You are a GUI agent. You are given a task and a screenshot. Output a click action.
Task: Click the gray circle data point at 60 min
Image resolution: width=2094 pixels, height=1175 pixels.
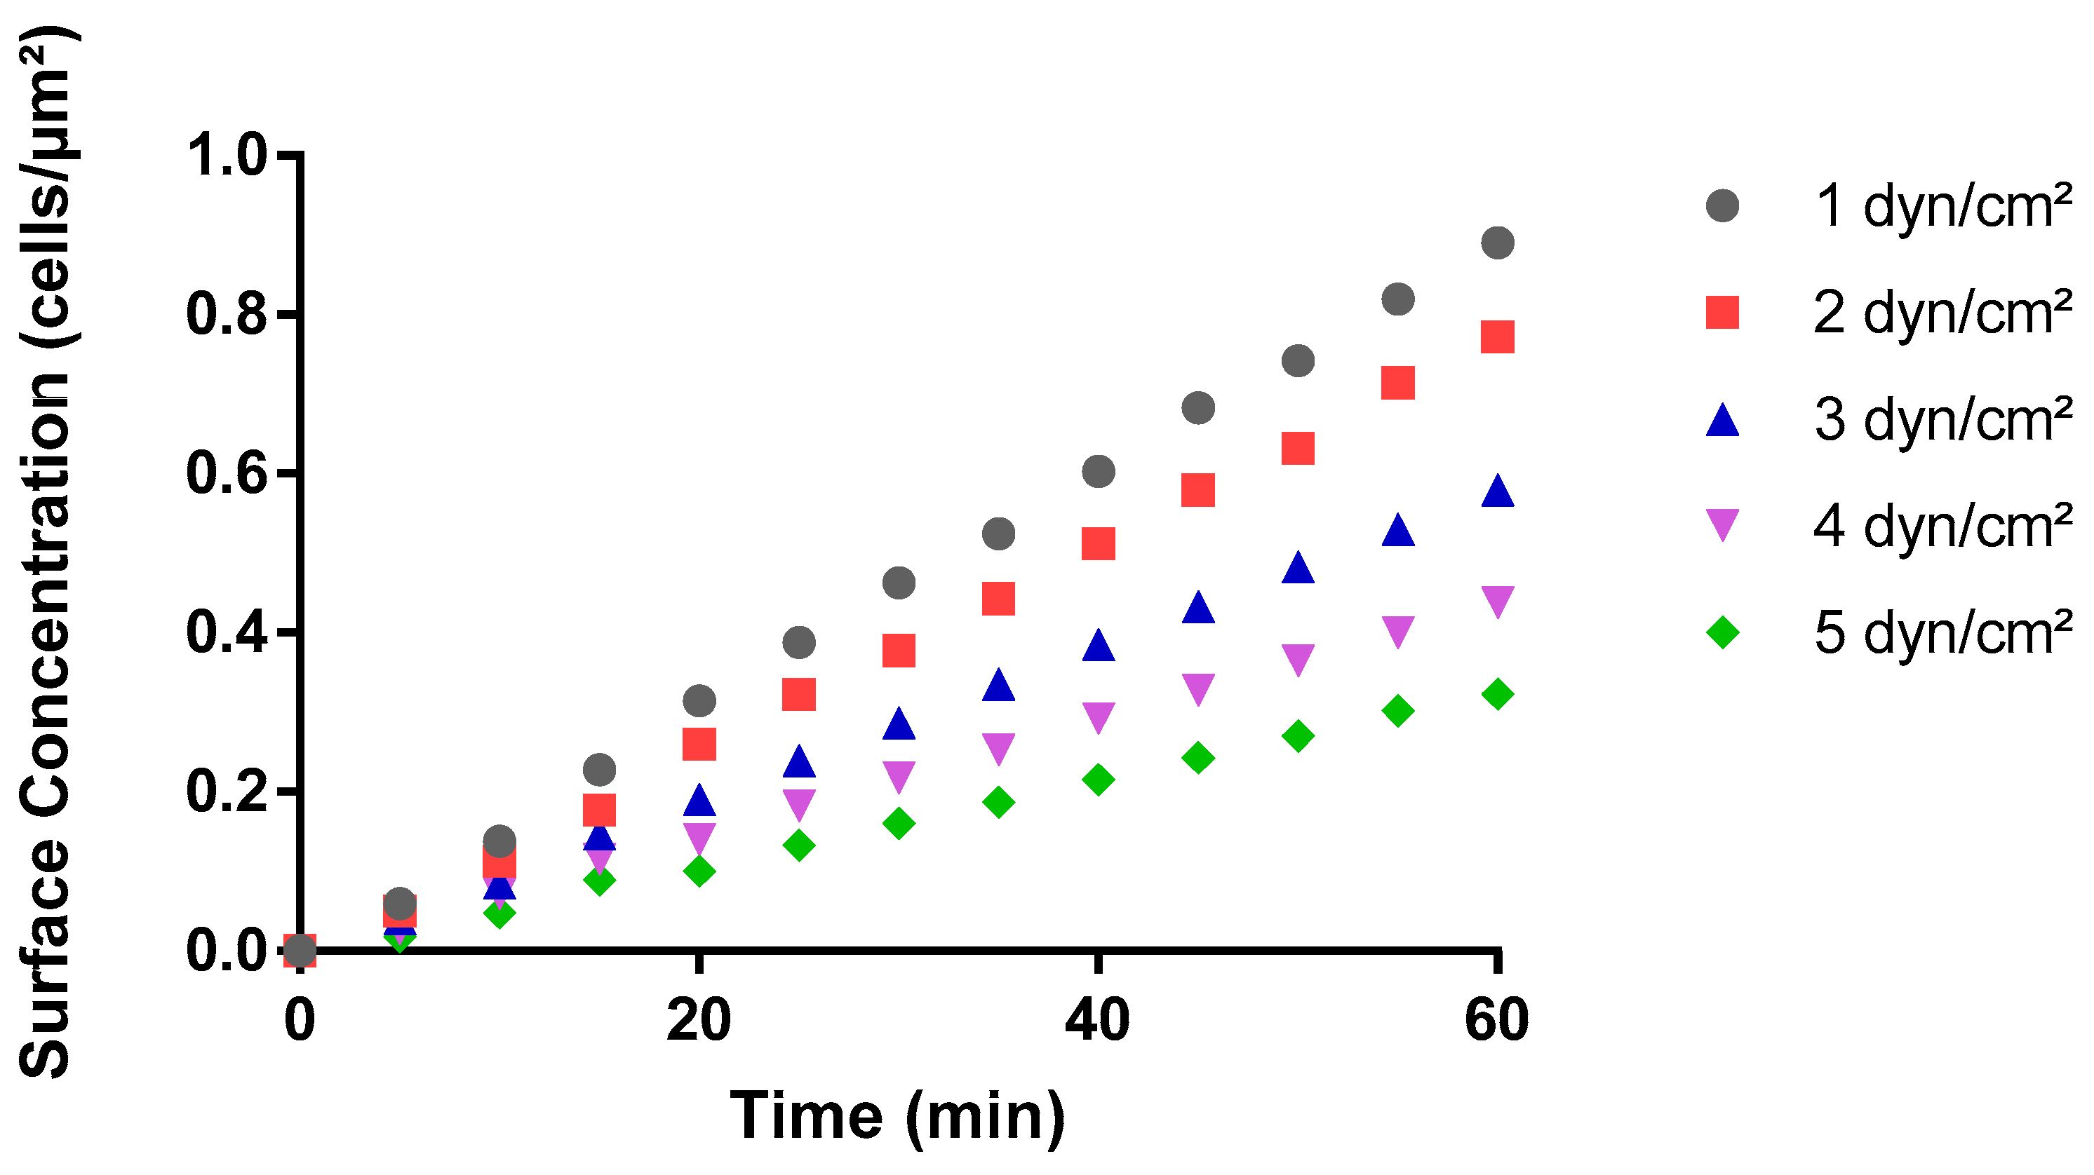pos(1497,242)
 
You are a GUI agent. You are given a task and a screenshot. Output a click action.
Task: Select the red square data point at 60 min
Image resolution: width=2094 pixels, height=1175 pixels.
pos(1497,337)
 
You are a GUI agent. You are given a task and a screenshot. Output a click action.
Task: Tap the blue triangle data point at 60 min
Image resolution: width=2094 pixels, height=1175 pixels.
pos(1497,492)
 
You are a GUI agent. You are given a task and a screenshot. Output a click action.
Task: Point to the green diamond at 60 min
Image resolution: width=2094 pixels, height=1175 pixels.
pos(1497,695)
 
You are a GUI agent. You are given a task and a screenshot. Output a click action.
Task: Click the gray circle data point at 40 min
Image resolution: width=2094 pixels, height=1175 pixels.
pos(1099,471)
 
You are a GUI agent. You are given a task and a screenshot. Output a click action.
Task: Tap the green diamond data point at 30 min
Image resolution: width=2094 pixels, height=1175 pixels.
pos(898,823)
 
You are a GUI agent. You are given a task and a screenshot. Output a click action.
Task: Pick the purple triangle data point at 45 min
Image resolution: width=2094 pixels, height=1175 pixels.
pos(1198,688)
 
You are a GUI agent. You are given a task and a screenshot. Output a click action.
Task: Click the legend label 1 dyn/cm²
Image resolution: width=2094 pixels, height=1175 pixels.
pos(1942,206)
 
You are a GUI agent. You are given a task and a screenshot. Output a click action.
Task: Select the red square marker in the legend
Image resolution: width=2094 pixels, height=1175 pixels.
pos(1721,313)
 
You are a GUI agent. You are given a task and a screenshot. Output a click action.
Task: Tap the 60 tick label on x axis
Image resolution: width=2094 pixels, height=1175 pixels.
pos(1496,1021)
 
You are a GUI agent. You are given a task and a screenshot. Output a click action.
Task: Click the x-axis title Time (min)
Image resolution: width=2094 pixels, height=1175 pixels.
pos(897,1118)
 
